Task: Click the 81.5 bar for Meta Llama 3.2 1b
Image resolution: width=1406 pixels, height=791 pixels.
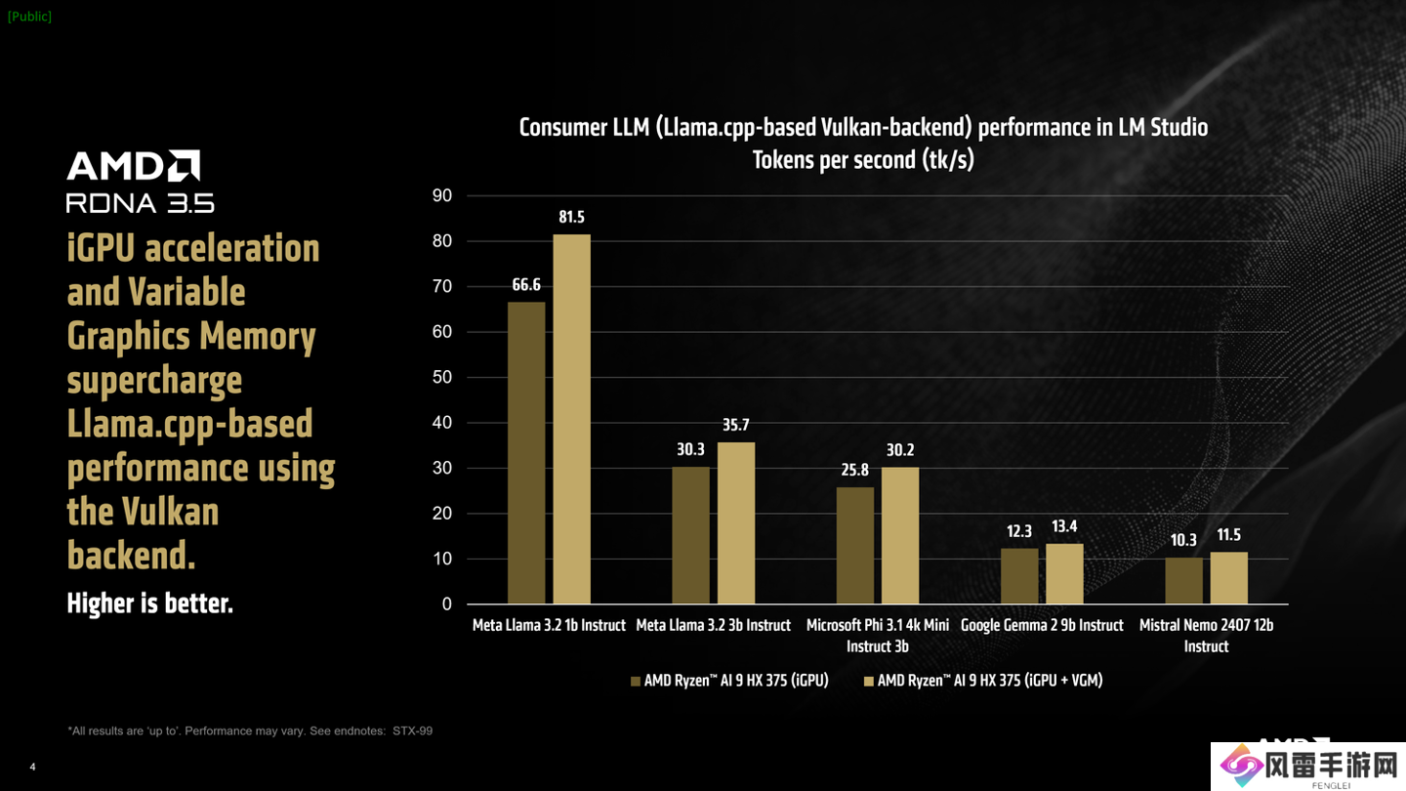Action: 571,419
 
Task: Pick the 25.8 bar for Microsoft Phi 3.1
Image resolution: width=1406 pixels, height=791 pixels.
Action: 855,545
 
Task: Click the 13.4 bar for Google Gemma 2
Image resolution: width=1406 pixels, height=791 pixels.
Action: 1064,573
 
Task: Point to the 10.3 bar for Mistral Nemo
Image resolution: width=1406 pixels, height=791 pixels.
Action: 1183,580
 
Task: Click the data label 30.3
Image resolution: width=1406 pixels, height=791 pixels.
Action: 690,449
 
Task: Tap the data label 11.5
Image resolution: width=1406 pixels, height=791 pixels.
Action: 1228,535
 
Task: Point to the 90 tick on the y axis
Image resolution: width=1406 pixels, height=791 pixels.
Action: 442,196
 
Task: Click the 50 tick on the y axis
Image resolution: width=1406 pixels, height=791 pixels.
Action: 442,378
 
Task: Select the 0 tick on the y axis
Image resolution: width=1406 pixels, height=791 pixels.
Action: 447,604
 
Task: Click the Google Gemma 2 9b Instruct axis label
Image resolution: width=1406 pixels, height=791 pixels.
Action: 1042,625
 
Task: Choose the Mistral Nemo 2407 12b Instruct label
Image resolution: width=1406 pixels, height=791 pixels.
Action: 1206,635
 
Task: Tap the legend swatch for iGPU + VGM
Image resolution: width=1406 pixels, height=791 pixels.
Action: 868,682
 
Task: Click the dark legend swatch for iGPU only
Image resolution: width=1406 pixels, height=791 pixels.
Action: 636,682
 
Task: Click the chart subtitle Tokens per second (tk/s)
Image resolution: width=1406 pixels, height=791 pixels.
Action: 863,159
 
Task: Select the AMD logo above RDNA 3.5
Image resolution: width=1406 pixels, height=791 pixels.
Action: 133,166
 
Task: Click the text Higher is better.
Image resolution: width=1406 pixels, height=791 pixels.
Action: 149,604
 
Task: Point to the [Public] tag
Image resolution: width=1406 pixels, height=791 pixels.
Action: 29,17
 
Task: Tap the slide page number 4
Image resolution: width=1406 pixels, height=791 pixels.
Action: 32,767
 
